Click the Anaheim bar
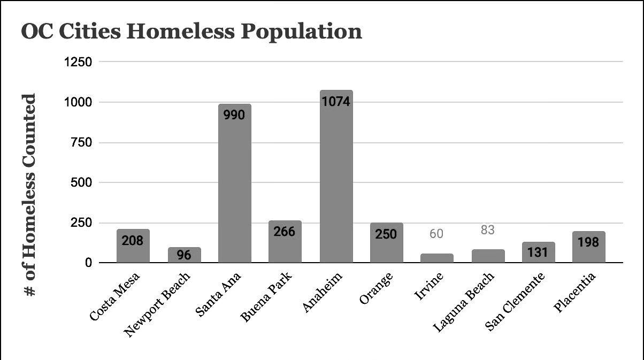[x=336, y=177]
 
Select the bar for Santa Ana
[x=235, y=183]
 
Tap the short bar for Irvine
[x=436, y=258]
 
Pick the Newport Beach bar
[x=185, y=255]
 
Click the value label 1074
[x=336, y=102]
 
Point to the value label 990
[x=234, y=115]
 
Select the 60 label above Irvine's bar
[x=436, y=234]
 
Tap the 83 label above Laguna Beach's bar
[x=488, y=230]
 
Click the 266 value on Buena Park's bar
[x=284, y=232]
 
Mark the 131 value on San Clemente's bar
[x=538, y=252]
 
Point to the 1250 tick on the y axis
[x=78, y=62]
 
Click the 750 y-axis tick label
[x=81, y=143]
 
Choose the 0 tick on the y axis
[x=88, y=263]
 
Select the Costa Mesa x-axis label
[x=114, y=296]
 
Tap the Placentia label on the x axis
[x=574, y=292]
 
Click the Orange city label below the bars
[x=376, y=288]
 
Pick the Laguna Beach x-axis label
[x=464, y=302]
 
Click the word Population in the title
[x=301, y=32]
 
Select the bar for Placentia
[x=589, y=247]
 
